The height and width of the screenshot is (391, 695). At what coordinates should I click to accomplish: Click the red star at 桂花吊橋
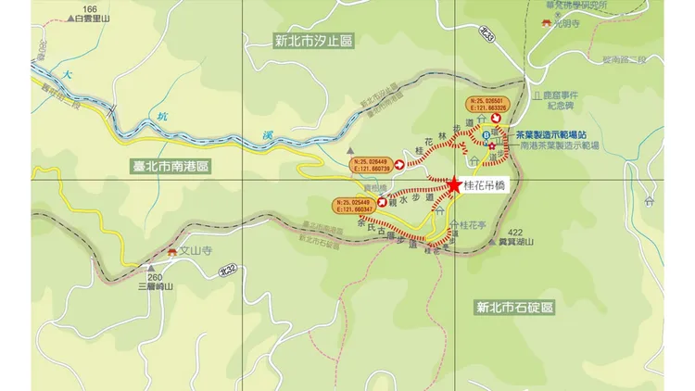point(454,185)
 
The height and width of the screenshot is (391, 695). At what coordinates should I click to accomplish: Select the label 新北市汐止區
point(315,41)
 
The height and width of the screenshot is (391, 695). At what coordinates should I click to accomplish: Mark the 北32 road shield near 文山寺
point(227,269)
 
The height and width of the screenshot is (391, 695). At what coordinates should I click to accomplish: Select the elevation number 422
point(515,232)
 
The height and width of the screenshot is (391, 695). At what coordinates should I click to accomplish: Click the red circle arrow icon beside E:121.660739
point(399,165)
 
